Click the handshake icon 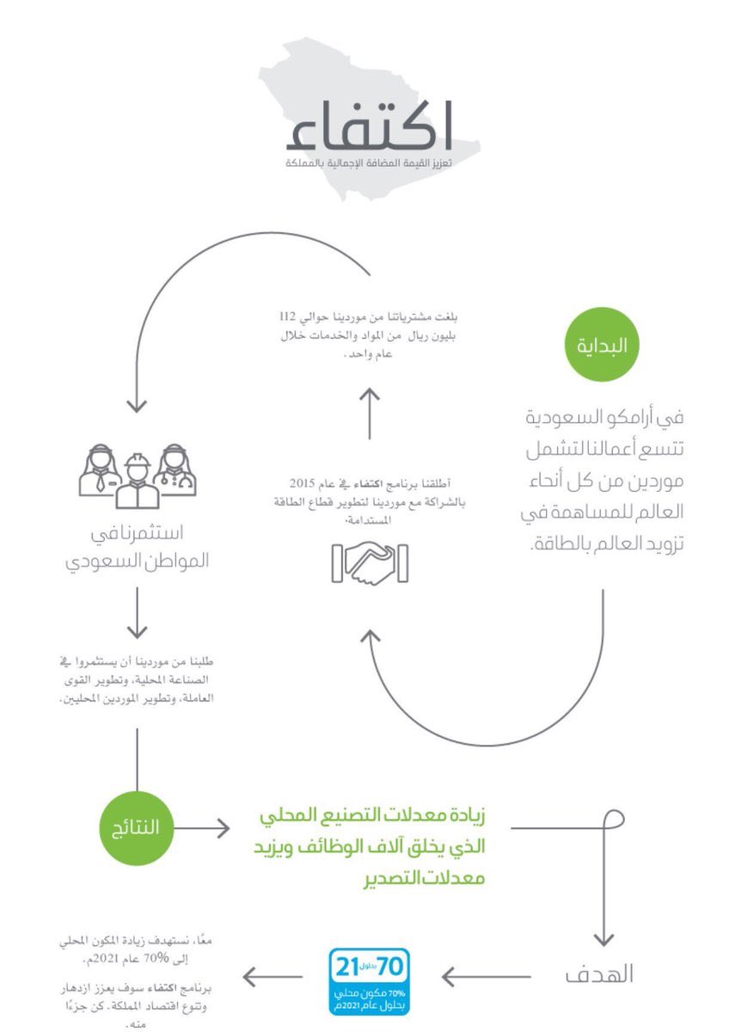tap(369, 563)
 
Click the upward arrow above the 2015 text tap(369, 413)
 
